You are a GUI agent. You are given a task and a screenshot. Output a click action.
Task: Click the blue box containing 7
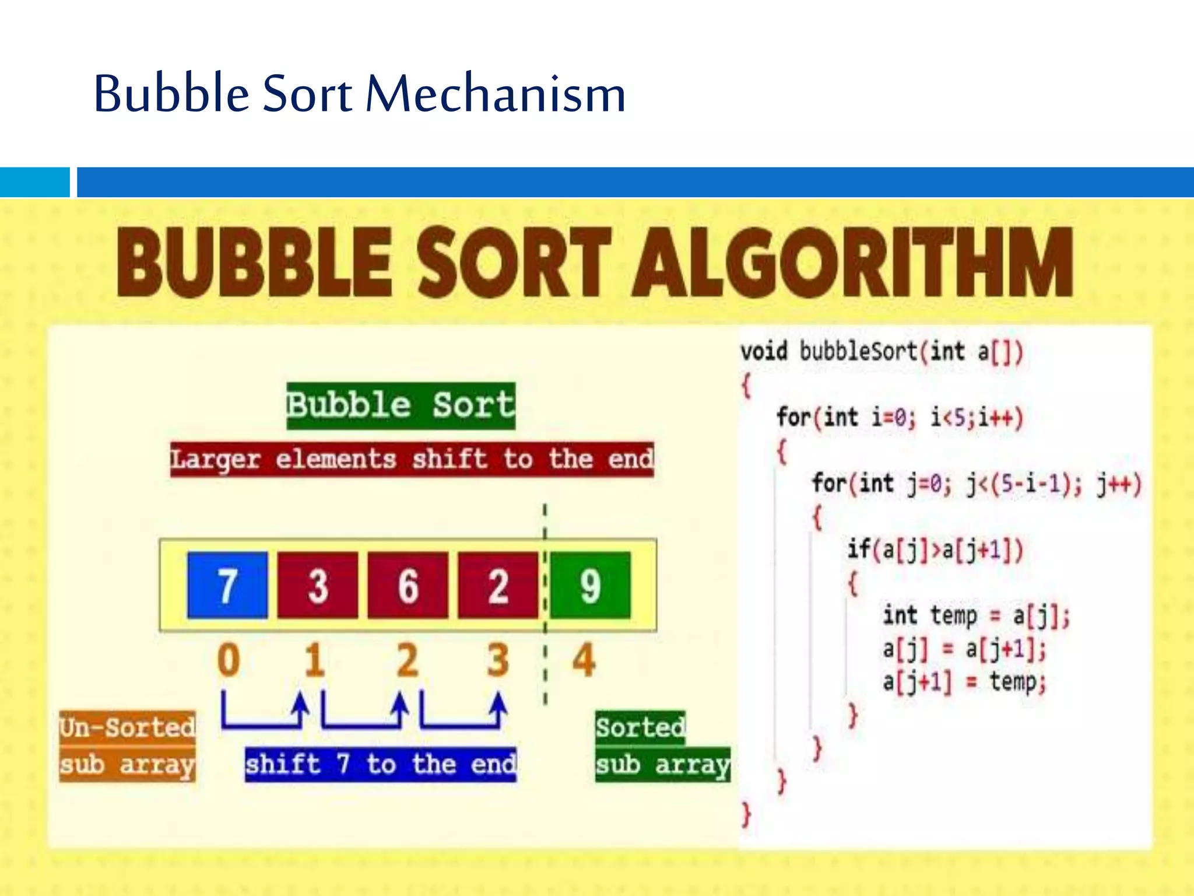click(227, 585)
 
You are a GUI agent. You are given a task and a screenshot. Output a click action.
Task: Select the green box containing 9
click(590, 585)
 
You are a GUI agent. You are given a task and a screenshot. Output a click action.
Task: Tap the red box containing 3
click(318, 585)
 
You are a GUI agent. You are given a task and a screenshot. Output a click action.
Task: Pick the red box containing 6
click(408, 585)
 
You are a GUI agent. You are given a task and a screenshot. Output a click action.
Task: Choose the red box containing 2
click(498, 585)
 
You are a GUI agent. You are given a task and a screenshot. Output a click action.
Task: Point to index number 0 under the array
click(229, 660)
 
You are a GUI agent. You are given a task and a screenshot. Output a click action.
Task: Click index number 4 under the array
click(584, 660)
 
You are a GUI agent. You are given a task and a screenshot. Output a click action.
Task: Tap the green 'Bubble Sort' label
click(401, 405)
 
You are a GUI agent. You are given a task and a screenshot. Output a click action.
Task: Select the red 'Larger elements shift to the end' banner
click(412, 460)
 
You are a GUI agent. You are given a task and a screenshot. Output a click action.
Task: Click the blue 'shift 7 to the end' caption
click(380, 764)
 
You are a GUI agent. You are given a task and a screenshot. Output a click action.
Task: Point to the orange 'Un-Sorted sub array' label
click(127, 746)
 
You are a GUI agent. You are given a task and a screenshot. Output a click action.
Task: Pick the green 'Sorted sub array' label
click(662, 746)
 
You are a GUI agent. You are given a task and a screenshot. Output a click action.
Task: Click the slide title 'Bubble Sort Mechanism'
click(359, 93)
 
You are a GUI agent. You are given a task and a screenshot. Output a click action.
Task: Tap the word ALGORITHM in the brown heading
click(854, 262)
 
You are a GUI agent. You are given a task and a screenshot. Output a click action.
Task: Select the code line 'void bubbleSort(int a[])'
click(882, 352)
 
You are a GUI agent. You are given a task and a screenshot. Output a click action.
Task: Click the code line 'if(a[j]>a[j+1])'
click(935, 549)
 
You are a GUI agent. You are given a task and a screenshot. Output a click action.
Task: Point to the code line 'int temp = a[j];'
click(976, 616)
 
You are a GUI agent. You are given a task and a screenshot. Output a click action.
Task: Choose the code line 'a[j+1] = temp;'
click(964, 682)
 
